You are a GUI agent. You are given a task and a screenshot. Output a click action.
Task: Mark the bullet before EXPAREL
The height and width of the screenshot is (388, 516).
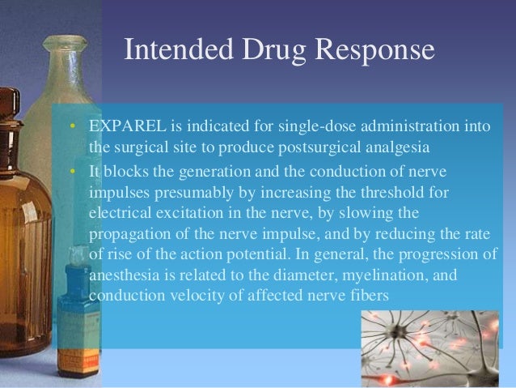pos(73,128)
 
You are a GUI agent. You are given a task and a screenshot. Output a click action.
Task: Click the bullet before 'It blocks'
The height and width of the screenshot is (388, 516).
pos(73,170)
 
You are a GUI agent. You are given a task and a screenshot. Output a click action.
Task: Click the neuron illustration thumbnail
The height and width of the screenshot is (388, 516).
pos(438,349)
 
